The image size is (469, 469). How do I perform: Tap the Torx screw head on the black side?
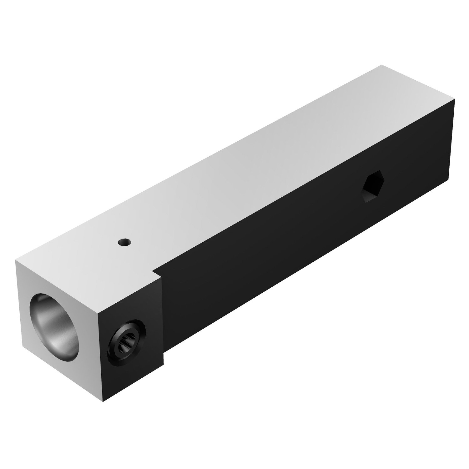(x=127, y=340)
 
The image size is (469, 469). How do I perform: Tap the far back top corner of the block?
(x=381, y=65)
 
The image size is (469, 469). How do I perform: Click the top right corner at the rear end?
(x=455, y=100)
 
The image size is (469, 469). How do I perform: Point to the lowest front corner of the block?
(x=103, y=402)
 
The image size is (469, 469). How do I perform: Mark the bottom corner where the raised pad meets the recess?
(x=163, y=365)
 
